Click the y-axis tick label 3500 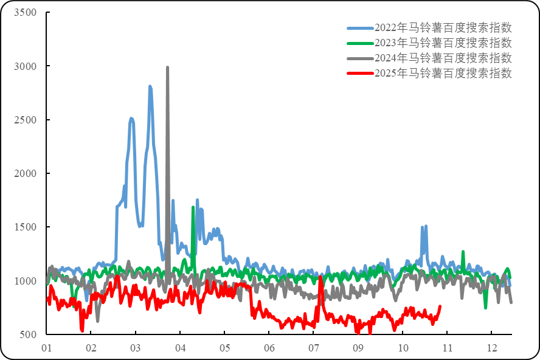[x=25, y=13]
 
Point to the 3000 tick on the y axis [x=25, y=66]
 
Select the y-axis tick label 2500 [x=25, y=120]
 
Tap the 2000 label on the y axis [x=25, y=173]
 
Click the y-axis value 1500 [x=25, y=227]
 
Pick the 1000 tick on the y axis [x=25, y=281]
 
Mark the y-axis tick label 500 [x=27, y=334]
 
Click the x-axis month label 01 [x=46, y=348]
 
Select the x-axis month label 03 [x=135, y=348]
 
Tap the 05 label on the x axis [x=224, y=348]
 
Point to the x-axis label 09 [x=358, y=348]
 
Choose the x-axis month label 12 [x=492, y=348]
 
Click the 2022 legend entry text [x=443, y=28]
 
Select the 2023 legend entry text [x=443, y=43]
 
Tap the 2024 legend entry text [x=443, y=58]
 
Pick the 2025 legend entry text [x=443, y=74]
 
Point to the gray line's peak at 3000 [x=167, y=67]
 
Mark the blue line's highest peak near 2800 [x=150, y=86]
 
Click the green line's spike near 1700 [x=193, y=207]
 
